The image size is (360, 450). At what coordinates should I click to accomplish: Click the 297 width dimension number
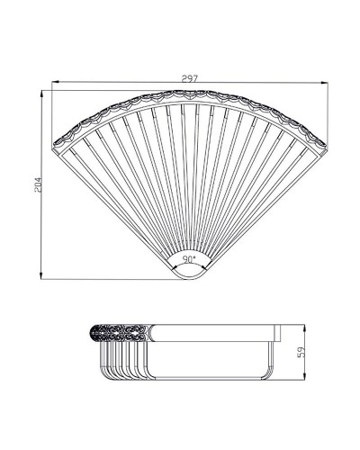[x=188, y=78]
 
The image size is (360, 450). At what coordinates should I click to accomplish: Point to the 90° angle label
[x=189, y=258]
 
